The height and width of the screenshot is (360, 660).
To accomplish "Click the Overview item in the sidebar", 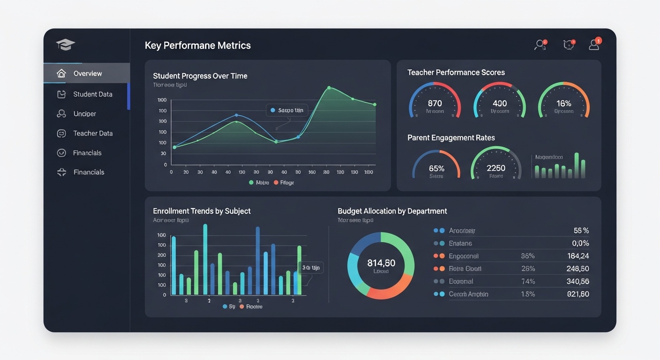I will tap(87, 74).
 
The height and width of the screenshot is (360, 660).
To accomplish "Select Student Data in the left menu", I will tap(92, 94).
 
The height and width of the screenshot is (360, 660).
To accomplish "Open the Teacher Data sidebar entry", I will tap(92, 134).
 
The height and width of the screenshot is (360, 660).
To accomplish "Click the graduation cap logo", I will tap(65, 45).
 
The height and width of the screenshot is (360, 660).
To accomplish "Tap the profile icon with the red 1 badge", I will tap(594, 45).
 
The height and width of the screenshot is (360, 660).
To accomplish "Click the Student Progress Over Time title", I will tap(200, 76).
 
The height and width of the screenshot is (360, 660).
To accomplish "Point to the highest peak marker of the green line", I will tap(329, 88).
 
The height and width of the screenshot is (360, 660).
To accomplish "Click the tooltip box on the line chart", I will tap(287, 110).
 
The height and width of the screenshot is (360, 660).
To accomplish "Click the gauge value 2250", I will tap(496, 168).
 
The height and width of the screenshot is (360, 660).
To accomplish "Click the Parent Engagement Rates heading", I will tap(451, 138).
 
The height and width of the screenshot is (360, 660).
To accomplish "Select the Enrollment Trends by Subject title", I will tap(202, 211).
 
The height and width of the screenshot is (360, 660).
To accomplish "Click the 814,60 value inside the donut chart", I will tap(381, 263).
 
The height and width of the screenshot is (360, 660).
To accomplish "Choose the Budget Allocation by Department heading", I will tap(392, 211).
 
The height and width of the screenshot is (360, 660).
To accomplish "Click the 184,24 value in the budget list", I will tap(577, 256).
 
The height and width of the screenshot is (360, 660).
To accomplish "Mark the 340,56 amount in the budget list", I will tap(577, 281).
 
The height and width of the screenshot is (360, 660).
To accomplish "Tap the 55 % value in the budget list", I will tap(581, 231).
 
